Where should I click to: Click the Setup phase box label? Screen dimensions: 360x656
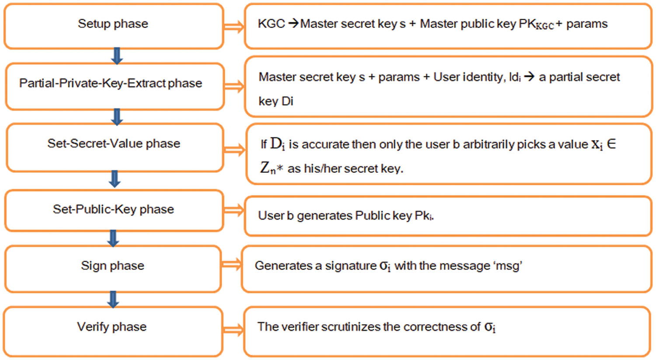113,24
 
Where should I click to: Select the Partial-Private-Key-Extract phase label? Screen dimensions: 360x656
111,83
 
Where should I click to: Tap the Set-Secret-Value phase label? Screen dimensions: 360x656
114,143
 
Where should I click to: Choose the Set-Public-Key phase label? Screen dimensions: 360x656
113,210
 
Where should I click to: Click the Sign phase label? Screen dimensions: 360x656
112,266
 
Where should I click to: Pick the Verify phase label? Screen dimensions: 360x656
112,327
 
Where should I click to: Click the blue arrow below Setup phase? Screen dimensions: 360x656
117,56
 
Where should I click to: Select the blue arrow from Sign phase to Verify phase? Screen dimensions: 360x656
113,300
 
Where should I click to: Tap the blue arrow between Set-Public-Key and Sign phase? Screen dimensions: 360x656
113,238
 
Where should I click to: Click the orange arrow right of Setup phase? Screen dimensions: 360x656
234,27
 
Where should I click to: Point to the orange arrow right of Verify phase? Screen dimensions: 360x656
233,330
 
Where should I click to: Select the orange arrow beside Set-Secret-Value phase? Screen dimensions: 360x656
234,150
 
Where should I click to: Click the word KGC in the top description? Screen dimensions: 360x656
271,24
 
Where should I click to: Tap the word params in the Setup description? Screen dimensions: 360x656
587,24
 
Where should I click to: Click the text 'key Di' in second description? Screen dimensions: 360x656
276,101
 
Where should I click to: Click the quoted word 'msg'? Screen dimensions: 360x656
508,266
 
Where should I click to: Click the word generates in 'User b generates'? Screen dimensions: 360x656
325,216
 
